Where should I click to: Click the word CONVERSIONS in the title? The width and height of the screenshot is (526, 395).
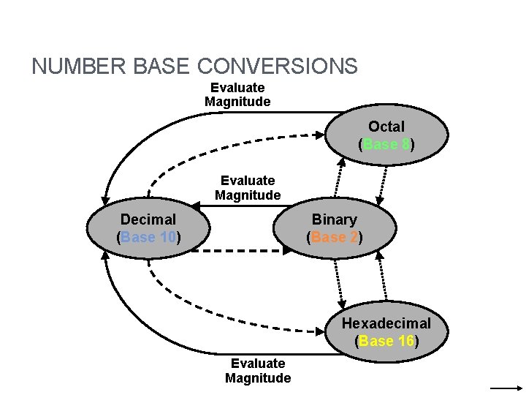[x=278, y=67]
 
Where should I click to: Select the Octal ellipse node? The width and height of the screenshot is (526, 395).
[x=386, y=135]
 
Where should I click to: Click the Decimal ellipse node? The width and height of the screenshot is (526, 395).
[x=148, y=227]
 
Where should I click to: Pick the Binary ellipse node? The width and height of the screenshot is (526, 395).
[x=334, y=227]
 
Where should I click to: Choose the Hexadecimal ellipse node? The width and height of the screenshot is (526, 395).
[x=386, y=331]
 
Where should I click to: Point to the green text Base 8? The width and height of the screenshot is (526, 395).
[x=386, y=144]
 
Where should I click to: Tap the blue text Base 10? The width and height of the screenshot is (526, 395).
[x=148, y=237]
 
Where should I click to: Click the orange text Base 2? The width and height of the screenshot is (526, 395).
[x=334, y=237]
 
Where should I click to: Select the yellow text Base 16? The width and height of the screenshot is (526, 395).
[x=386, y=341]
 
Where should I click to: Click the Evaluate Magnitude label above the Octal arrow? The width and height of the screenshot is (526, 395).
[x=237, y=95]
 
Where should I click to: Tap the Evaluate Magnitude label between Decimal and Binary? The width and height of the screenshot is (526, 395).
[x=248, y=187]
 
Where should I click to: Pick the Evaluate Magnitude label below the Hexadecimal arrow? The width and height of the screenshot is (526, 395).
[x=258, y=370]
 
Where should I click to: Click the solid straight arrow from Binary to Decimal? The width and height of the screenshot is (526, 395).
[x=241, y=207]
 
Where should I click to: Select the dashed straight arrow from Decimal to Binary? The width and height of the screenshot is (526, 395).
[x=241, y=251]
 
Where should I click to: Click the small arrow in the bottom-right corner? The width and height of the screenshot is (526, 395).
[x=504, y=388]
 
